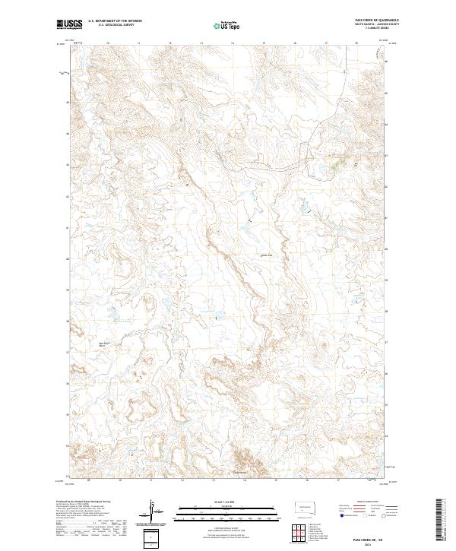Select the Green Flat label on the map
coord(267,255)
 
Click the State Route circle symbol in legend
coord(385,515)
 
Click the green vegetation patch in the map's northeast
coord(337,162)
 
